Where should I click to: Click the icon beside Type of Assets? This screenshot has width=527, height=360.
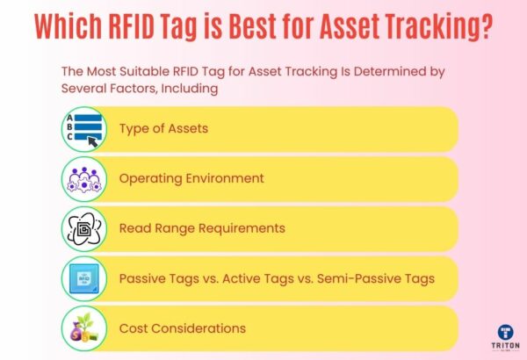84,128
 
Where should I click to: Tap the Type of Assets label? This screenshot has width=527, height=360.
163,128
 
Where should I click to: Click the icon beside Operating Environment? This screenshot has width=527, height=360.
84,178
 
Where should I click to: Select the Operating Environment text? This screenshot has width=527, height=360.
191,178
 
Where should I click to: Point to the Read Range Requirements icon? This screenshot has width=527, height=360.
84,228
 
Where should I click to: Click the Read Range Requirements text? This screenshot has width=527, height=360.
202,228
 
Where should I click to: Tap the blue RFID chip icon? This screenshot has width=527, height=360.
84,278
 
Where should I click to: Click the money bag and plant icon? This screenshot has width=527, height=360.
84,328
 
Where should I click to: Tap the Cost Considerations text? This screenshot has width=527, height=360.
182,328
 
